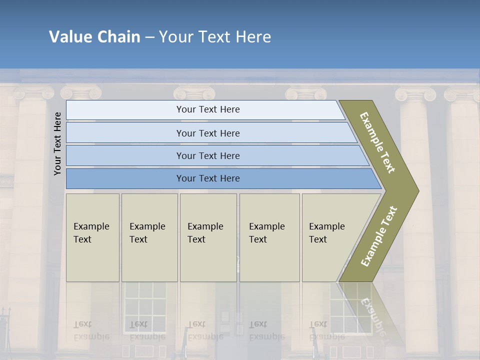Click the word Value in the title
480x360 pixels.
pyautogui.click(x=70, y=37)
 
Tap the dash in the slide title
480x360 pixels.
pyautogui.click(x=149, y=37)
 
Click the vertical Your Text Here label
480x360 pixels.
pyautogui.click(x=57, y=143)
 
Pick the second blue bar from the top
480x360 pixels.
pyautogui.click(x=207, y=133)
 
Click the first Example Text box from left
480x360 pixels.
pyautogui.click(x=92, y=237)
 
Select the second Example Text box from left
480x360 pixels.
pyautogui.click(x=149, y=237)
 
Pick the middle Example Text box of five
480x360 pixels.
pyautogui.click(x=208, y=237)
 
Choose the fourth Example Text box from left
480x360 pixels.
pyautogui.click(x=269, y=237)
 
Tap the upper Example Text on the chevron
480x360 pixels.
pyautogui.click(x=377, y=142)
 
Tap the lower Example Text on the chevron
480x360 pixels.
pyautogui.click(x=378, y=236)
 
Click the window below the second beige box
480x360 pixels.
pyautogui.click(x=145, y=307)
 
